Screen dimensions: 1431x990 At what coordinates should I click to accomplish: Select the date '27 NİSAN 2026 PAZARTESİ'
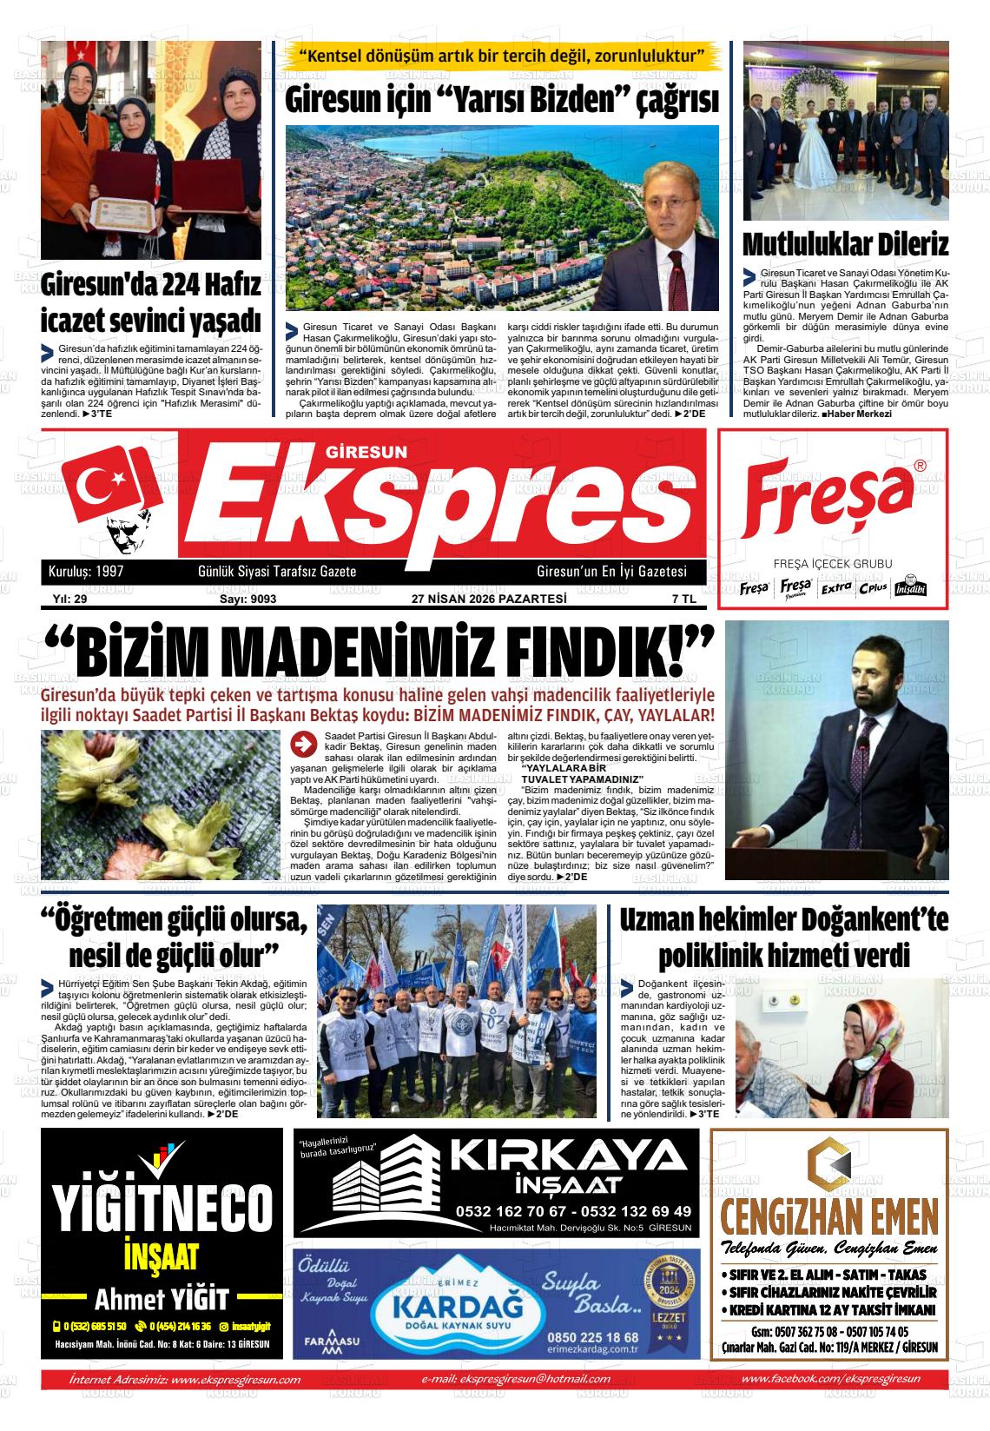[489, 599]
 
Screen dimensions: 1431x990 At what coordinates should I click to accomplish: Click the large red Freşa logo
[828, 502]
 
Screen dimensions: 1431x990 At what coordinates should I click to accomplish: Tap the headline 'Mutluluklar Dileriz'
[845, 245]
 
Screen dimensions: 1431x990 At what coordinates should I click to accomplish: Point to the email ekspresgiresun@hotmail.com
[516, 1379]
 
